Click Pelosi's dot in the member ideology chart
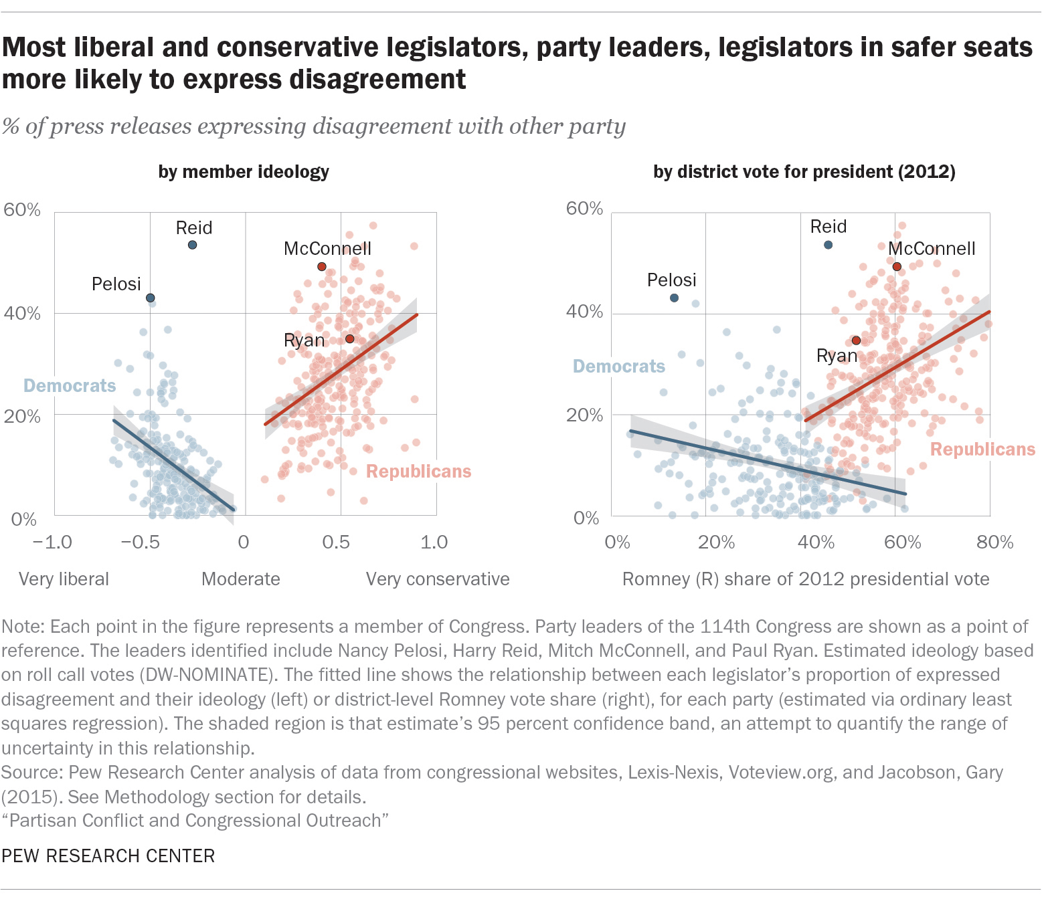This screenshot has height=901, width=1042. click(151, 298)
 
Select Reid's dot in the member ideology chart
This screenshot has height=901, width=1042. click(192, 245)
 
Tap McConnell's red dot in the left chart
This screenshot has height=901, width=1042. click(322, 266)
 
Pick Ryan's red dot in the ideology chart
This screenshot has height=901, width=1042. click(349, 339)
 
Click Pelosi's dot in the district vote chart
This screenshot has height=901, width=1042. click(674, 298)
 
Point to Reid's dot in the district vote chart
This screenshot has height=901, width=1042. click(828, 245)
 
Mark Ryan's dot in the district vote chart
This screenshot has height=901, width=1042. click(856, 340)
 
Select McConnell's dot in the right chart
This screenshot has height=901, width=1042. click(897, 266)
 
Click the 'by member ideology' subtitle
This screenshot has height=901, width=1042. click(244, 172)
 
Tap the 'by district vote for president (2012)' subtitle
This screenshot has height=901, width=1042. click(804, 172)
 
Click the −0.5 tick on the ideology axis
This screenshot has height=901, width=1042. click(140, 542)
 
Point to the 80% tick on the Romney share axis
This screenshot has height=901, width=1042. click(994, 542)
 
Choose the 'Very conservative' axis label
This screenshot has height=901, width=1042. click(438, 579)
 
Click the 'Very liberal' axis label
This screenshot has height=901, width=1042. click(64, 579)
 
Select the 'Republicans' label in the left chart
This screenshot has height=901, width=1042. click(418, 472)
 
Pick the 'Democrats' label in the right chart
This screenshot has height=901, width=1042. click(619, 367)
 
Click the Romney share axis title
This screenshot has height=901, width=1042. click(806, 579)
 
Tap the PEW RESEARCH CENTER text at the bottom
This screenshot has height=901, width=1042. click(108, 856)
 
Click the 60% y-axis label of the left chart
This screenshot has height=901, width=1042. click(22, 210)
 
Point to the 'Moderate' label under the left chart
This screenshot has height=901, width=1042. click(241, 579)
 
